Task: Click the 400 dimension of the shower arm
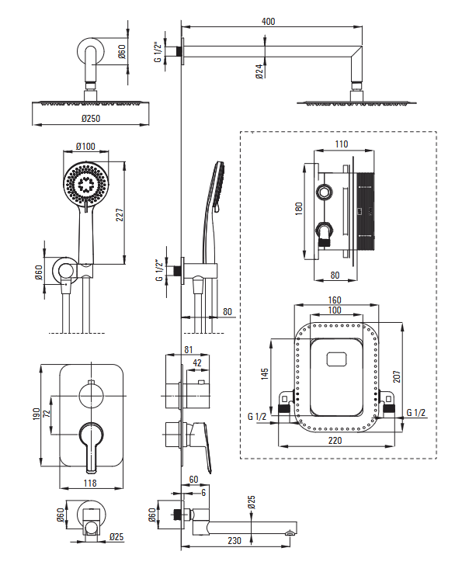pos(268,22)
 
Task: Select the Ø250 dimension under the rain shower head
pos(91,119)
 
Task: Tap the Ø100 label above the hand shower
pos(85,146)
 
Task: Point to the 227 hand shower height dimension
pos(120,214)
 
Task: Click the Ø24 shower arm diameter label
pos(259,72)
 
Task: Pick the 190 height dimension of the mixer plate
pos(36,414)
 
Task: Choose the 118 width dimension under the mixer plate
pos(90,483)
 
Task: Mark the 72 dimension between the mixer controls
pos(47,414)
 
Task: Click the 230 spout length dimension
pos(234,540)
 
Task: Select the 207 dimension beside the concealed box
pos(397,376)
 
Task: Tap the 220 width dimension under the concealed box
pos(335,440)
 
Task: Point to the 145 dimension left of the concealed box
pos(265,374)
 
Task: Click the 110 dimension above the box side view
pos(342,144)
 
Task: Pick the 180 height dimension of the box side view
pos(298,208)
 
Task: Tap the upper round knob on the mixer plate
pos(91,396)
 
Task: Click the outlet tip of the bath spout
pos(290,533)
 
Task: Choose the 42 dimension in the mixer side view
pos(197,363)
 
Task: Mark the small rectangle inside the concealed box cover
pos(338,359)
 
